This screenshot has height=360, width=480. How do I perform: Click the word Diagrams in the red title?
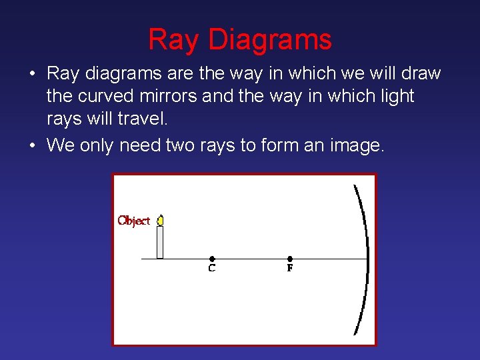270,40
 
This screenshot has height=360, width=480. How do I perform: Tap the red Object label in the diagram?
134,221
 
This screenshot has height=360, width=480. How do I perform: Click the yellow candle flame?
160,219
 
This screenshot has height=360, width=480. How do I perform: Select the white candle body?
160,242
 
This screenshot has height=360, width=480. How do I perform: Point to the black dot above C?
212,259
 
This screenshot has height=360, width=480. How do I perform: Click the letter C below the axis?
212,269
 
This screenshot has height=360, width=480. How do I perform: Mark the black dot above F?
290,259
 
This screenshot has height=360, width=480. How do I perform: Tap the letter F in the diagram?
290,269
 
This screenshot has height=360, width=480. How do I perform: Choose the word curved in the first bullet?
101,97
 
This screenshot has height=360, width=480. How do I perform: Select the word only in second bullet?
97,145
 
